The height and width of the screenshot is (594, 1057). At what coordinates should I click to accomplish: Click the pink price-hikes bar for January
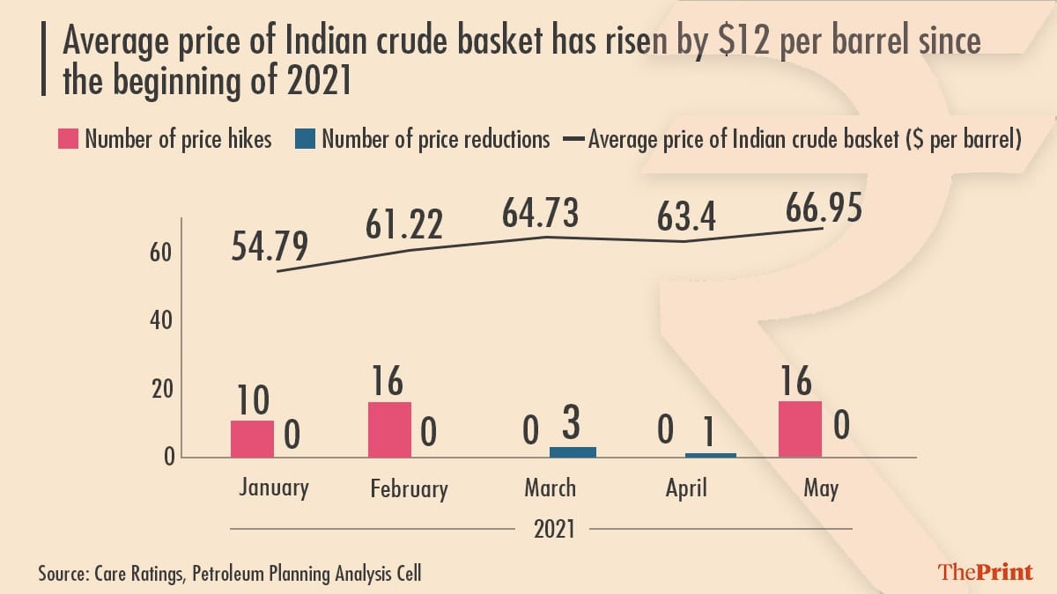[252, 438]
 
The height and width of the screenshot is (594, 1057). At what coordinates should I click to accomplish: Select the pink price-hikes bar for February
[389, 429]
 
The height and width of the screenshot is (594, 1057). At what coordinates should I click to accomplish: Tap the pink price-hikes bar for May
[801, 429]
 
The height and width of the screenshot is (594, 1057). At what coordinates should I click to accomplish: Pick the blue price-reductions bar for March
[573, 451]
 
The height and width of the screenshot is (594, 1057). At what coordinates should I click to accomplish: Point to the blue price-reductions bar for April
[710, 454]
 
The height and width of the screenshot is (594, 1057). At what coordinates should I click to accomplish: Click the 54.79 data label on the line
[270, 247]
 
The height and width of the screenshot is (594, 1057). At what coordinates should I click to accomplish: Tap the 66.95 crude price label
[822, 210]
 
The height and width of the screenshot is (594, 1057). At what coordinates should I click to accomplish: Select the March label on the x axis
[550, 488]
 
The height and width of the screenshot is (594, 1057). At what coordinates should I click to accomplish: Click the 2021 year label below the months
[551, 530]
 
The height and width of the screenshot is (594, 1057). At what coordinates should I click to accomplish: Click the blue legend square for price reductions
[306, 139]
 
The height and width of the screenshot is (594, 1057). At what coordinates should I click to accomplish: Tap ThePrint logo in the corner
[985, 572]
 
